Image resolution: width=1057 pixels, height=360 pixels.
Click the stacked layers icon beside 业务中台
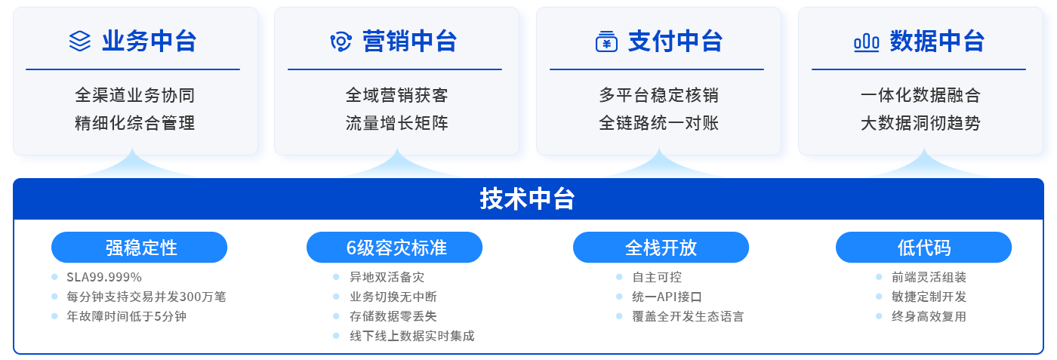(79, 41)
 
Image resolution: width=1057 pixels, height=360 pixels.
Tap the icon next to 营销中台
(341, 42)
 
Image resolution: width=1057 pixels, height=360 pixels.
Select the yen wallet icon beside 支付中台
(606, 42)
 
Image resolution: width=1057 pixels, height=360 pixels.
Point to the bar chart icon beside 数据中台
(866, 42)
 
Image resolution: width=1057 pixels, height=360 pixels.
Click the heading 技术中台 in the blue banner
(528, 198)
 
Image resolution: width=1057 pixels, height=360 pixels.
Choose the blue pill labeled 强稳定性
(140, 248)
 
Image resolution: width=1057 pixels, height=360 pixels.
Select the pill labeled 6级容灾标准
(395, 248)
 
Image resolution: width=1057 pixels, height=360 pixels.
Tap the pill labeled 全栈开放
(661, 248)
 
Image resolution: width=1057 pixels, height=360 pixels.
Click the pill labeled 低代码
(923, 248)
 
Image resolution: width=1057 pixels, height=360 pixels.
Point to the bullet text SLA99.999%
(104, 277)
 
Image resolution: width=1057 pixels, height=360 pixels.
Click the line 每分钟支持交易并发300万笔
(146, 297)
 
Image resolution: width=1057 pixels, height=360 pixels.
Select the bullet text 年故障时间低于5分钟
(126, 316)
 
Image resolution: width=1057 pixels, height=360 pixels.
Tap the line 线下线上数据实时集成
(411, 336)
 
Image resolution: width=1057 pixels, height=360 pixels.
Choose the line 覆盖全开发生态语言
(688, 316)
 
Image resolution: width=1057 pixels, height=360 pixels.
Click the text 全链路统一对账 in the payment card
(658, 122)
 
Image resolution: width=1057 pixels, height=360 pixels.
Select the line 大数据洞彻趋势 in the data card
(920, 122)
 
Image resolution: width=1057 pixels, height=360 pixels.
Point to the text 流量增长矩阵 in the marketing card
(396, 122)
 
